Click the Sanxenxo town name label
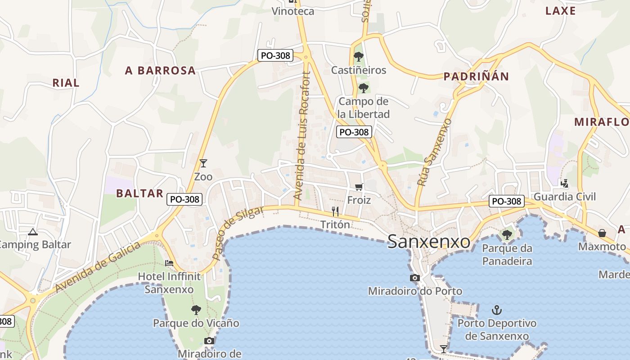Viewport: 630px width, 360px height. pos(428,242)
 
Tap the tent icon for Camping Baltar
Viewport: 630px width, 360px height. pos(32,232)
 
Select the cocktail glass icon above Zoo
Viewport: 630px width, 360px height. pos(203,163)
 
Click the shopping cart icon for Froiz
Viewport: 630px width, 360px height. pos(359,187)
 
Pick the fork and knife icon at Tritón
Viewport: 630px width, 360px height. pos(335,211)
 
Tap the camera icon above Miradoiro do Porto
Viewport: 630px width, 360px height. pos(415,278)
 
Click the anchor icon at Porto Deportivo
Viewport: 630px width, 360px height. pos(497,310)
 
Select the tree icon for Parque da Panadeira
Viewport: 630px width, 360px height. pos(507,234)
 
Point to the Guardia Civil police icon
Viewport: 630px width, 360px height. pos(564,183)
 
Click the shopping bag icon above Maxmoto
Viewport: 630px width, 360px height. pos(602,233)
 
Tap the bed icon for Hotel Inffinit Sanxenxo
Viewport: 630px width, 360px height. pos(169,263)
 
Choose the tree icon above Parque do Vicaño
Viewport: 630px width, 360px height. pos(196,310)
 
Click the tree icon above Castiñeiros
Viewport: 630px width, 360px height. pos(359,57)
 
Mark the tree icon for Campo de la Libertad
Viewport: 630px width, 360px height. pos(364,88)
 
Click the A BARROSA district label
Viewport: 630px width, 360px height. pos(160,71)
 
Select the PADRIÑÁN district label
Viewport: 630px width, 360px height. pos(476,76)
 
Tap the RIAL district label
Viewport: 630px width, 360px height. pos(66,83)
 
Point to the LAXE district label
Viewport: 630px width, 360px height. pos(560,11)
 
